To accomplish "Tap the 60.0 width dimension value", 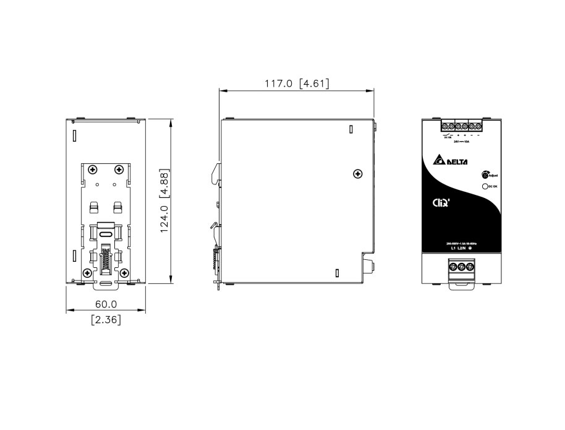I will [x=106, y=304].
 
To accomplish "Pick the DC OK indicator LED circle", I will [x=485, y=186].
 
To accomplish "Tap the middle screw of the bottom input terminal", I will [x=461, y=267].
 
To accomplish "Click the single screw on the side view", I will [x=356, y=173].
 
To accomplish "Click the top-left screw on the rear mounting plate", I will [x=92, y=169].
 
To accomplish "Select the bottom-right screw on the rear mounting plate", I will [x=124, y=272].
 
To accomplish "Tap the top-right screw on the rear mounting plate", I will [x=118, y=169].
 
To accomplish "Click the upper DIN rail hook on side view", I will [x=216, y=173].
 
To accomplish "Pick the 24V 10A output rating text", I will [x=461, y=142].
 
